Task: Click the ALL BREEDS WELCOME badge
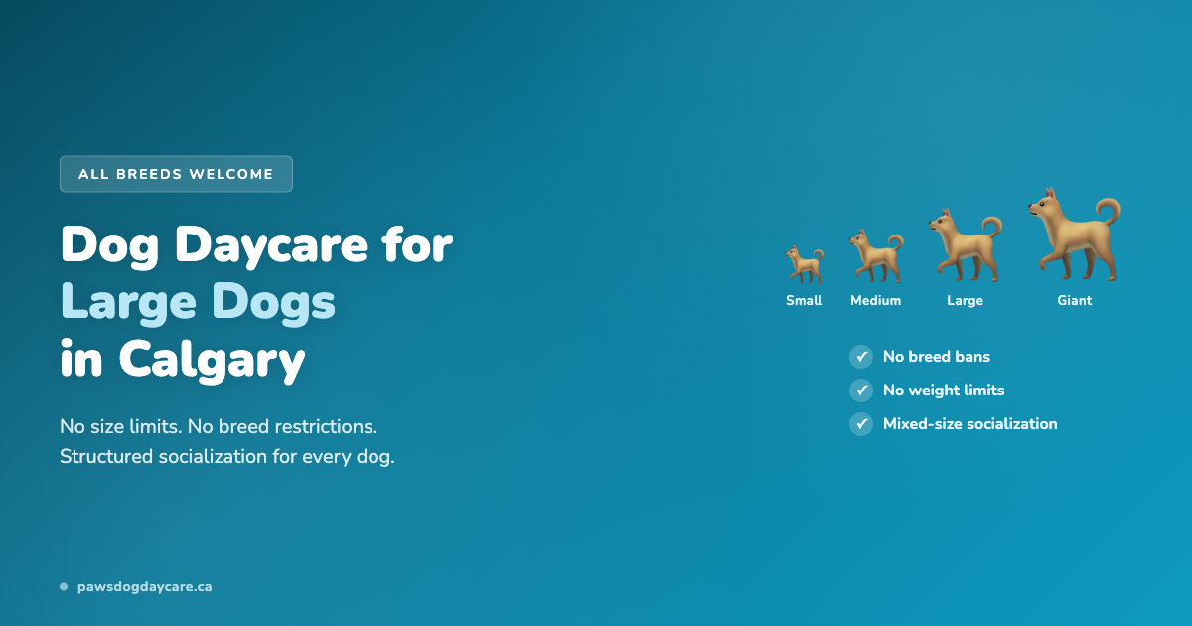point(176,174)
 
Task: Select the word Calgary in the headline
point(212,360)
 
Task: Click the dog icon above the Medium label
point(875,256)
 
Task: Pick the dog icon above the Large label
point(965,246)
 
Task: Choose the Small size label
point(805,301)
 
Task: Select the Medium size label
point(876,301)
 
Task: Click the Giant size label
point(1074,301)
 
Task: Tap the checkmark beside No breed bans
point(861,357)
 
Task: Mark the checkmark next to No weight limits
point(861,391)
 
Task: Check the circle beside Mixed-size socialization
point(861,424)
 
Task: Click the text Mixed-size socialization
point(969,424)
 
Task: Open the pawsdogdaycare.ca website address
point(145,587)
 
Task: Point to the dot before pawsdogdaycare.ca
point(64,587)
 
